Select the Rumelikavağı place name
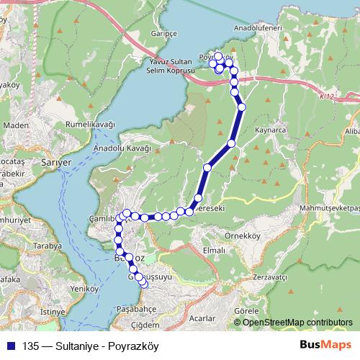(x=91, y=124)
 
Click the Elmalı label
(x=214, y=250)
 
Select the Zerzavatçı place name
(x=271, y=277)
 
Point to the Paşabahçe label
(x=136, y=307)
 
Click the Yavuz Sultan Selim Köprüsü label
(x=171, y=66)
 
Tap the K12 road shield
(x=328, y=94)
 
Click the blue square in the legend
(x=12, y=346)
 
